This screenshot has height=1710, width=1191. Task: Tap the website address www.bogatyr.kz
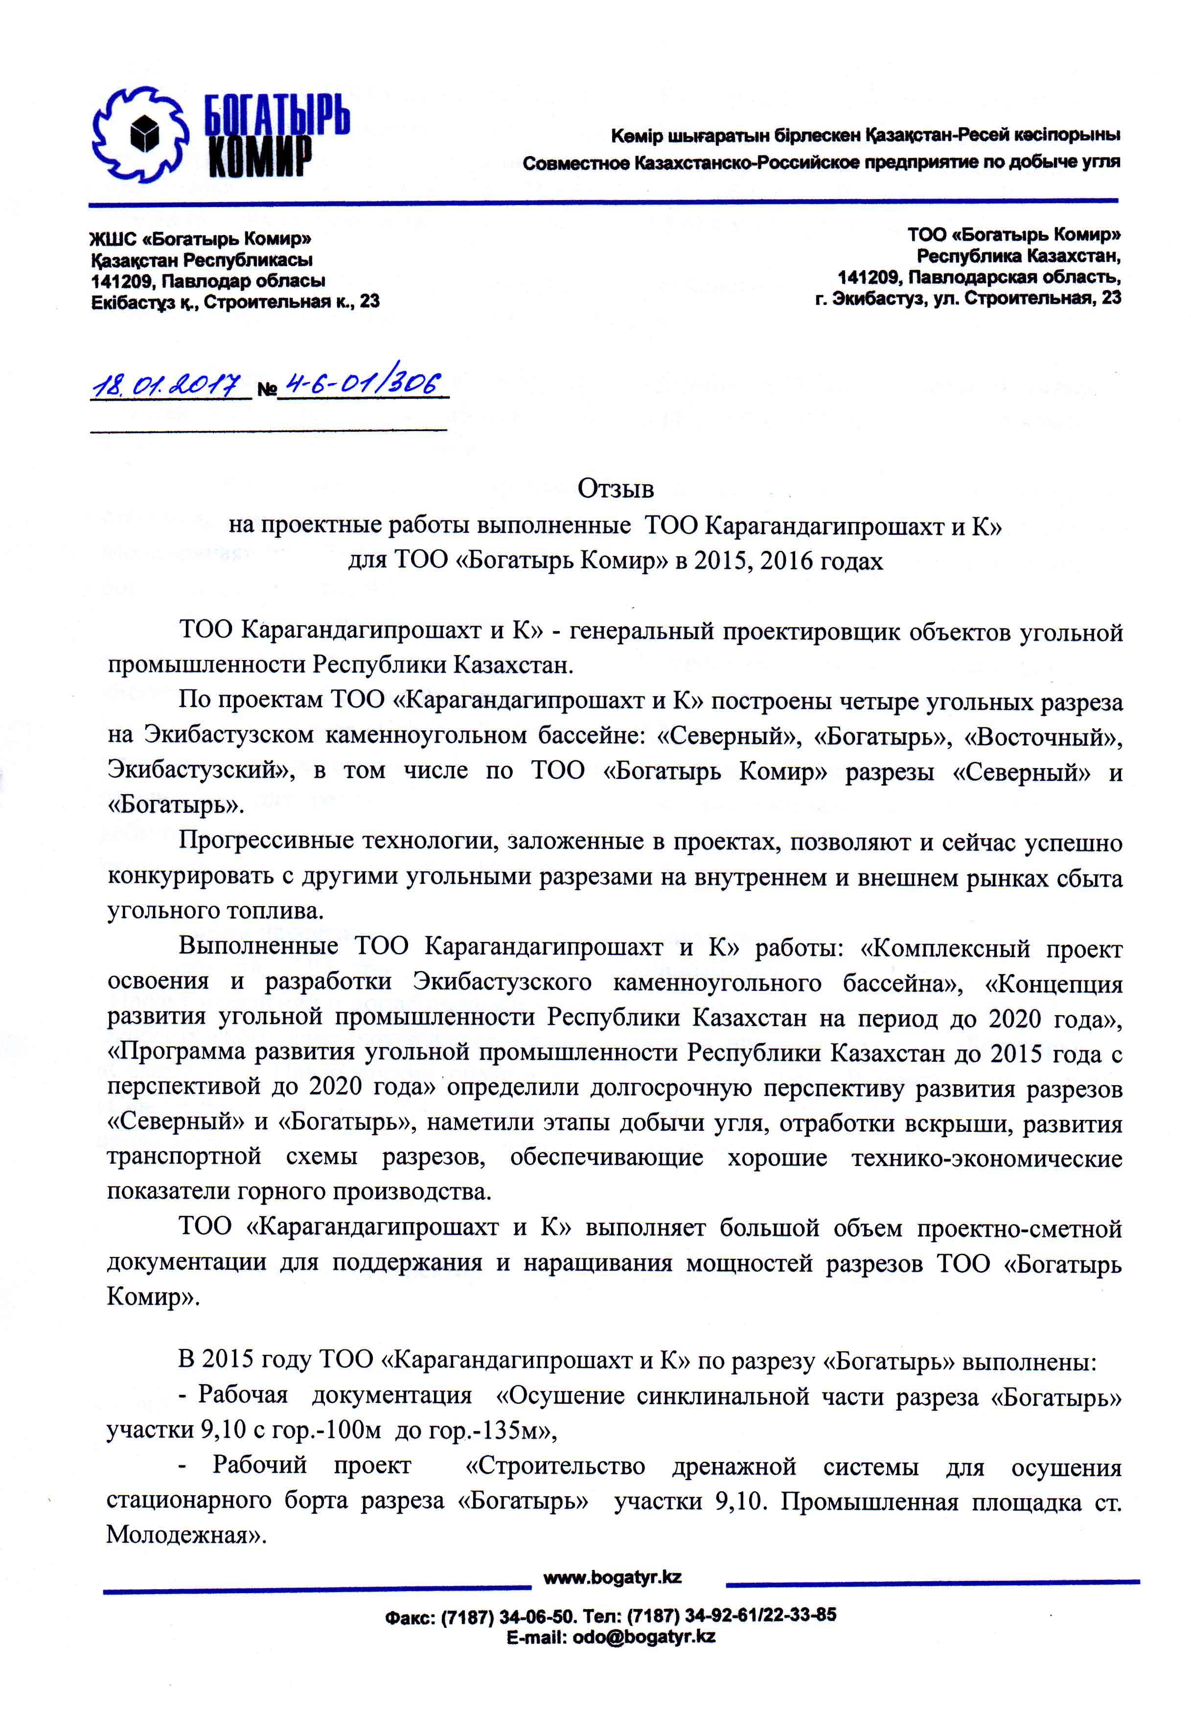pos(612,1577)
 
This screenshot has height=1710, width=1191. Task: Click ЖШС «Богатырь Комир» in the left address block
pos(200,239)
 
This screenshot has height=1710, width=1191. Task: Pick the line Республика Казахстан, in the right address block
pos(1018,256)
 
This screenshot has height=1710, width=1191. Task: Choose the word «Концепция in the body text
pos(1053,984)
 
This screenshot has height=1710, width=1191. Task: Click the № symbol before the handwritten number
pos(266,389)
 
